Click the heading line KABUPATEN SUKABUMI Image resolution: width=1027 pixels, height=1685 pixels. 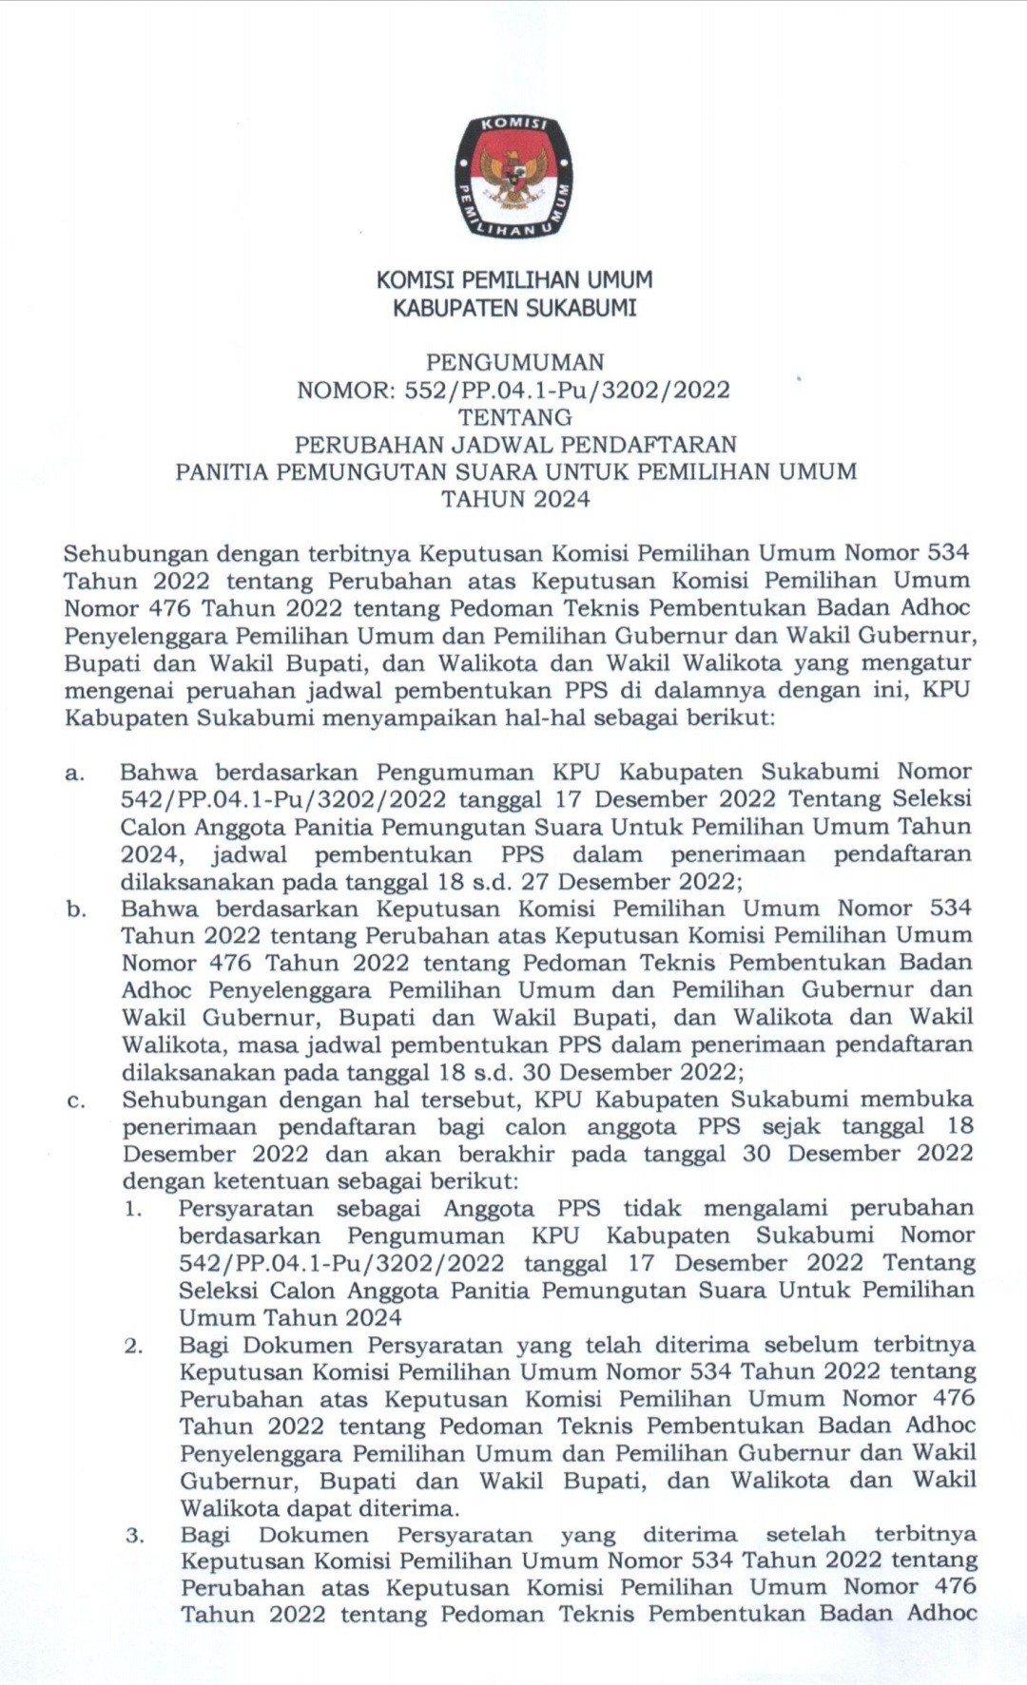pos(514,308)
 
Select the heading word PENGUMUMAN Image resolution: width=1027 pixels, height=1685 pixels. pos(514,362)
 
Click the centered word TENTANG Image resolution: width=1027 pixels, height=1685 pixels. pos(514,417)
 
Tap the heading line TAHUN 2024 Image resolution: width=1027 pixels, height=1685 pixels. pos(514,499)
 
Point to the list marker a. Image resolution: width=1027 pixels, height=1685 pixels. pos(74,773)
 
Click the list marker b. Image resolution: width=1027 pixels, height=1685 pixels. pos(75,910)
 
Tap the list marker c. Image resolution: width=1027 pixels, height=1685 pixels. pos(75,1101)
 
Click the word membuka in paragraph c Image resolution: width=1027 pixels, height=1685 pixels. pos(916,1100)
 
